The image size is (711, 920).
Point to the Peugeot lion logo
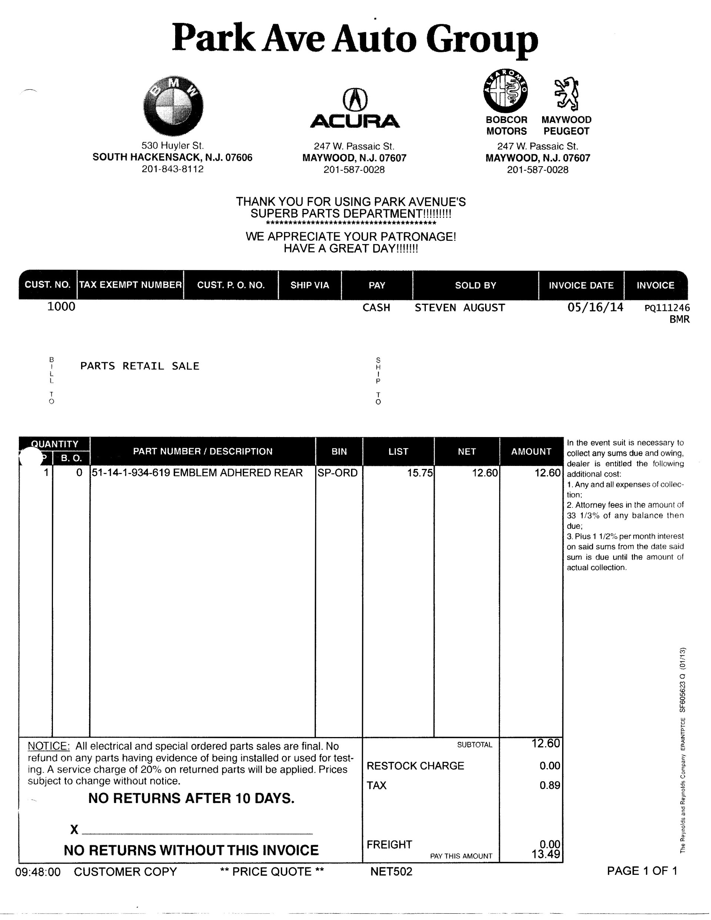click(567, 93)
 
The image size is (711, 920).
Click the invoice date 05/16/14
click(595, 307)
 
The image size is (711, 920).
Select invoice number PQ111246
click(667, 308)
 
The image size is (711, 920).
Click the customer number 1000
click(61, 306)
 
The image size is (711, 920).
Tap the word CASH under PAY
click(376, 307)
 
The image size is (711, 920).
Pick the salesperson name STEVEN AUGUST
click(460, 307)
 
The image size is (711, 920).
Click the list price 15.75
click(420, 473)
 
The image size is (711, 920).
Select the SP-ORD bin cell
click(337, 473)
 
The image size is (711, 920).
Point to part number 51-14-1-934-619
click(131, 473)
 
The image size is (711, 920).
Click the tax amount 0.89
click(549, 785)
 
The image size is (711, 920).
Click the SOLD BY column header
click(475, 285)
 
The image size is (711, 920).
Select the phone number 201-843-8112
click(172, 169)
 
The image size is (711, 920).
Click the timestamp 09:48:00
click(38, 871)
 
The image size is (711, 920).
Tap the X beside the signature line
click(74, 829)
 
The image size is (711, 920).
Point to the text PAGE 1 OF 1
click(641, 871)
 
